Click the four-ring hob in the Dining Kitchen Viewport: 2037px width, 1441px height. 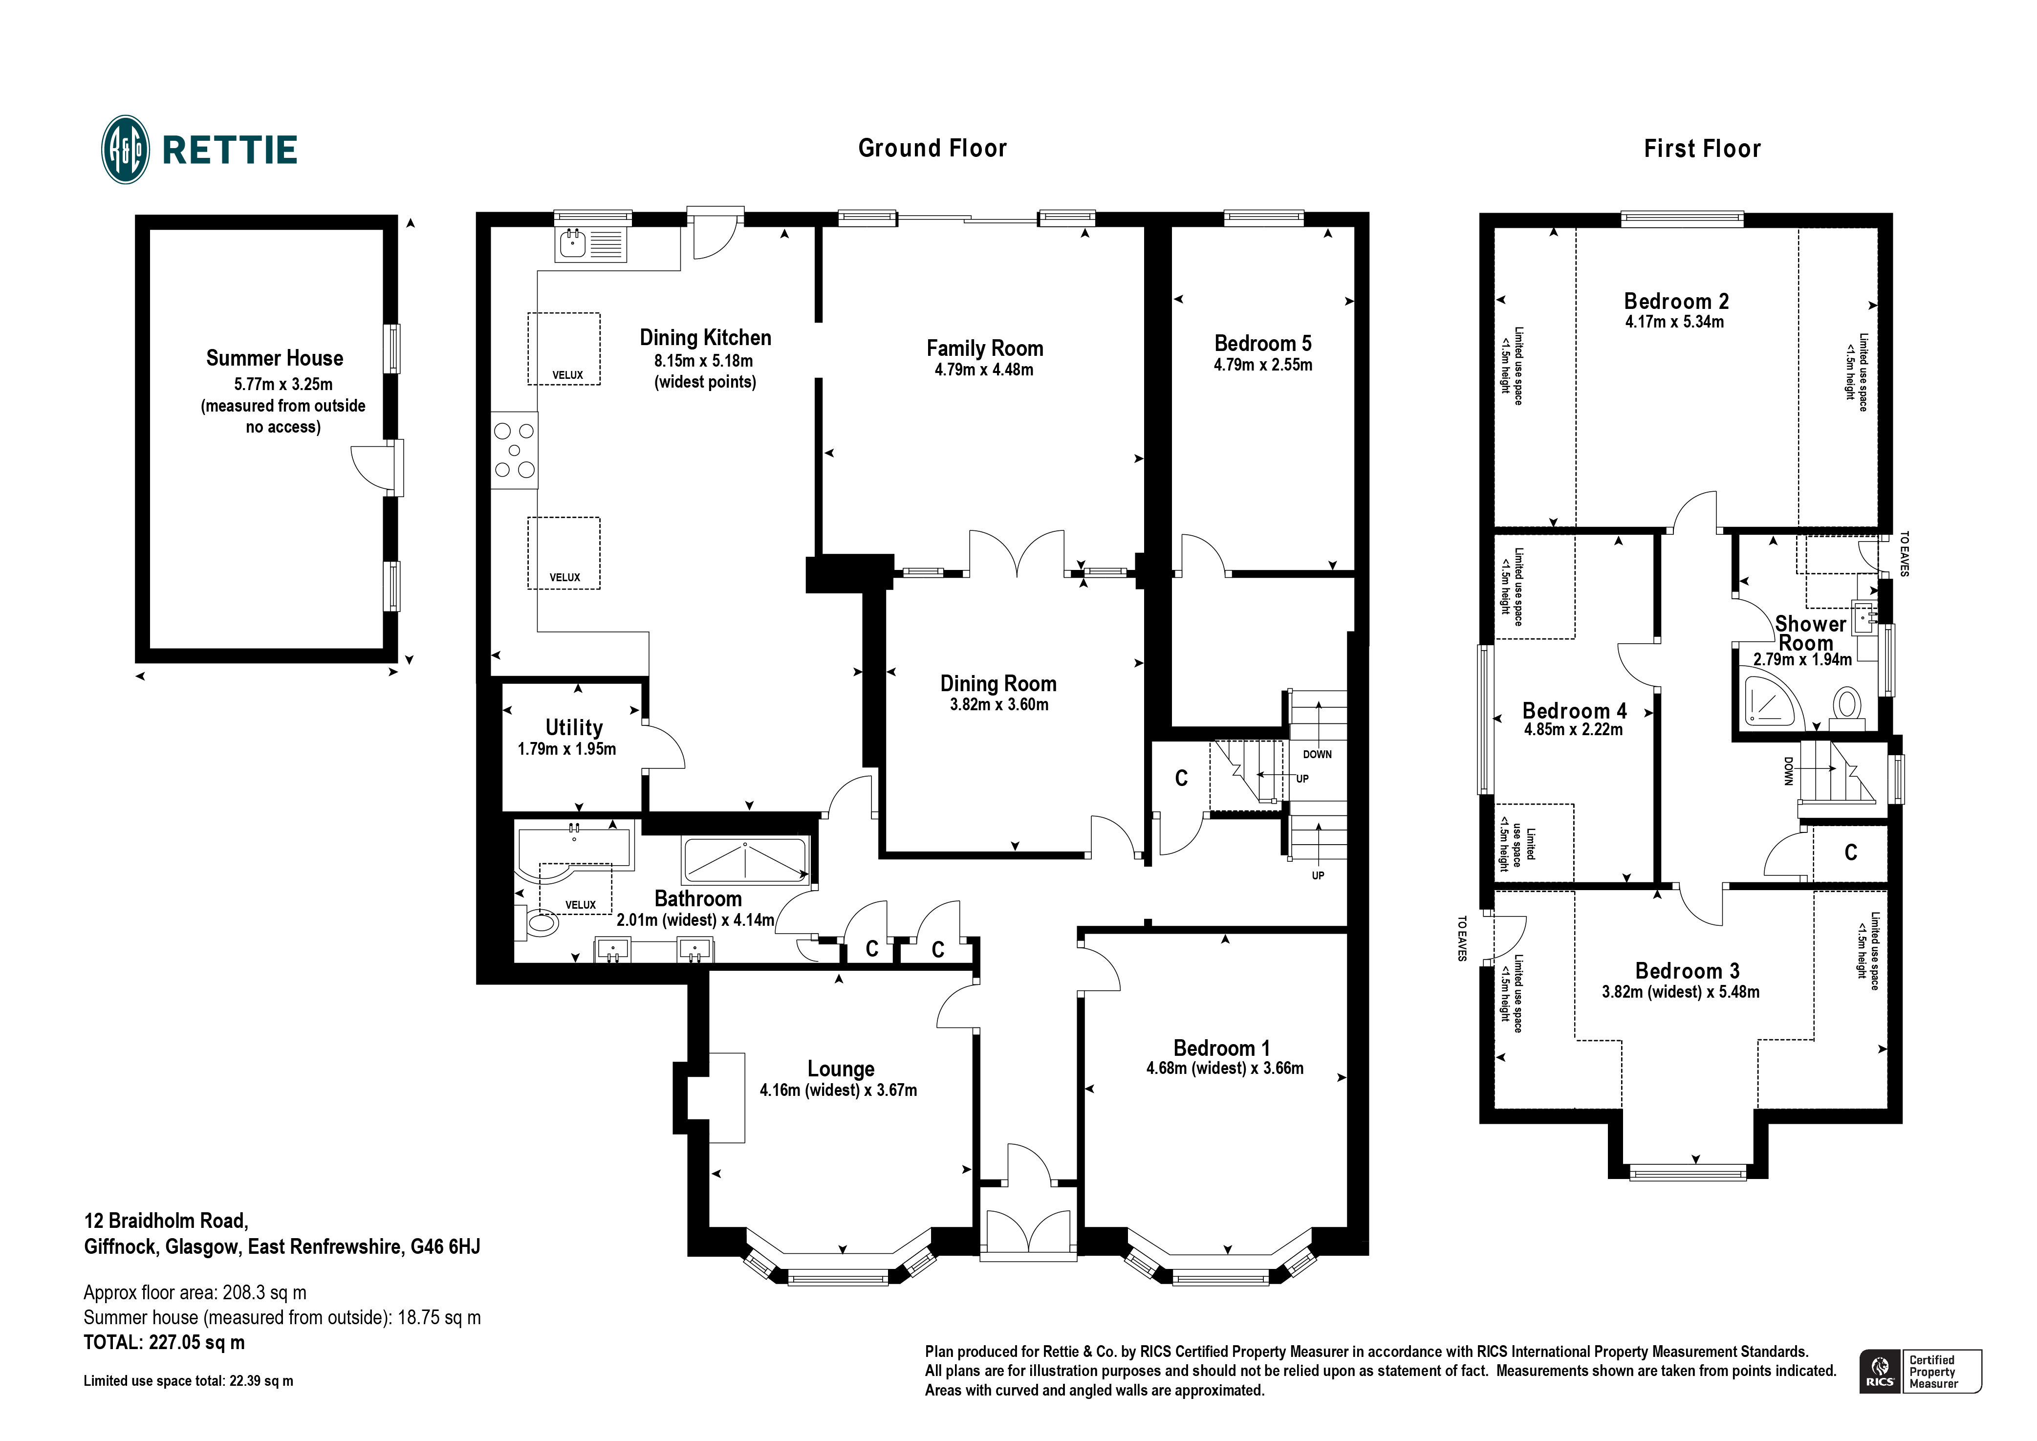click(515, 451)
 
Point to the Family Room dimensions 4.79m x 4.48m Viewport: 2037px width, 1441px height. click(984, 370)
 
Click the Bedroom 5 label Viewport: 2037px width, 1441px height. click(1262, 344)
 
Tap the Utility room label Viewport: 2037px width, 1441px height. click(574, 728)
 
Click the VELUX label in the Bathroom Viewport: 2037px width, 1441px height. click(580, 905)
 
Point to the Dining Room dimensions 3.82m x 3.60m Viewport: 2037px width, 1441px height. click(999, 704)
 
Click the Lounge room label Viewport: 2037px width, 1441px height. click(841, 1069)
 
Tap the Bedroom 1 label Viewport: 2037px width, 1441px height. click(1222, 1048)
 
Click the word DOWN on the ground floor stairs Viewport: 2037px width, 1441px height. click(1318, 754)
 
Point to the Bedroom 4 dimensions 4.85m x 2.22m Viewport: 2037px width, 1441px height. click(1574, 730)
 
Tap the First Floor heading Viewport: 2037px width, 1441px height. click(1702, 149)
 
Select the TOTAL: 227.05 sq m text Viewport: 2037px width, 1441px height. click(164, 1343)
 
